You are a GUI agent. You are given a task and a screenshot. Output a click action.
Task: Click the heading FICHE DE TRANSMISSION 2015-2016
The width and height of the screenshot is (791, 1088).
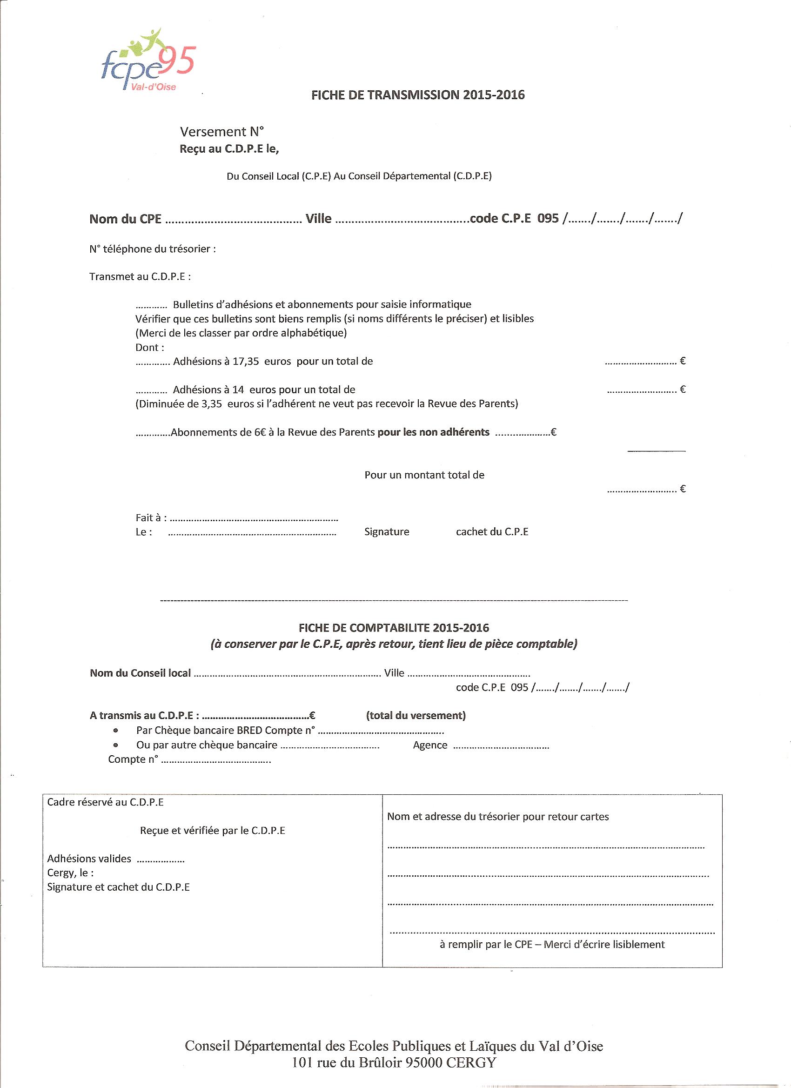pos(418,95)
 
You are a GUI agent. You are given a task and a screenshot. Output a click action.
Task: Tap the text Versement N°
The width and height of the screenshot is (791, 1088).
pos(221,131)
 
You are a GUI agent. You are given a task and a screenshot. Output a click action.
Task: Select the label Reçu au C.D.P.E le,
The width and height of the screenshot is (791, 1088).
pos(229,149)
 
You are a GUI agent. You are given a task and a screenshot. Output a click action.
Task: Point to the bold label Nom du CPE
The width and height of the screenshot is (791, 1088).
pos(125,219)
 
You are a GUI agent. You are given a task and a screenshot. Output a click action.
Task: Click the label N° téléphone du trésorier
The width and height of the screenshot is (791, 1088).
pos(152,249)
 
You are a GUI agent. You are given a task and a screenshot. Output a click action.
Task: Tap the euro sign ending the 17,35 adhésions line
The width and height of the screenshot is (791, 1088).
pos(683,361)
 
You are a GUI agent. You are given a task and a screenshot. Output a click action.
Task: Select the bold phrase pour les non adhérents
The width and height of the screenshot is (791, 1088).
pos(434,432)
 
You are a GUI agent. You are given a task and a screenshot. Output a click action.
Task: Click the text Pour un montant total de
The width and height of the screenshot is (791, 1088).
pos(424,475)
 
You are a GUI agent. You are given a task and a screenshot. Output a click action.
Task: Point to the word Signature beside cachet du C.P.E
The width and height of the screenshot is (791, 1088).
pos(387,531)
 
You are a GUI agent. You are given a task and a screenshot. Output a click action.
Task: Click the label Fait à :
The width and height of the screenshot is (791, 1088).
pos(151,517)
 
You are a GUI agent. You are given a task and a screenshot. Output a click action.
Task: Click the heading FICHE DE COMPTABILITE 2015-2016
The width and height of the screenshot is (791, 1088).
pos(394,627)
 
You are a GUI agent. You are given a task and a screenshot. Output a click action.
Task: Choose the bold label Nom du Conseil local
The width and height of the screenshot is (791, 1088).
pos(140,673)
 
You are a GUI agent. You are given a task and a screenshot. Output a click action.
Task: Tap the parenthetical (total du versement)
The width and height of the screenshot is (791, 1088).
pos(416,715)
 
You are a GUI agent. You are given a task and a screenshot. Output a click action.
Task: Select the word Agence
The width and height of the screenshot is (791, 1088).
pos(430,745)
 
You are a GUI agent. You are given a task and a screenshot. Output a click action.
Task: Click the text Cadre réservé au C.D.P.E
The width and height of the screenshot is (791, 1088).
pos(106,802)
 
